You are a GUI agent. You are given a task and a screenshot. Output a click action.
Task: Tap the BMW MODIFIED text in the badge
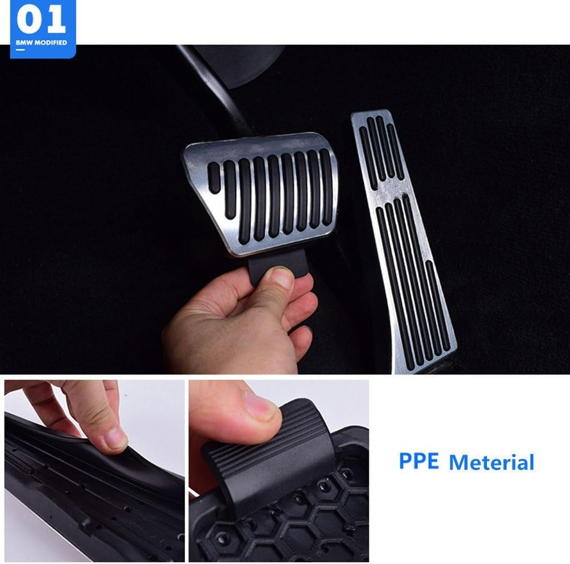(42, 43)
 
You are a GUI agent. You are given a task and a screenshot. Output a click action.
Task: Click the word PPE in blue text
(419, 461)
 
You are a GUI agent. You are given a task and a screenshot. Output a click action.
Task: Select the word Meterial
(491, 462)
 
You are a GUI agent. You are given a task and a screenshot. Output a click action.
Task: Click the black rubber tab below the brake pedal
(268, 265)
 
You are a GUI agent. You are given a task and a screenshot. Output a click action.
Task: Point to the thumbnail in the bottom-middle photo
(263, 407)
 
